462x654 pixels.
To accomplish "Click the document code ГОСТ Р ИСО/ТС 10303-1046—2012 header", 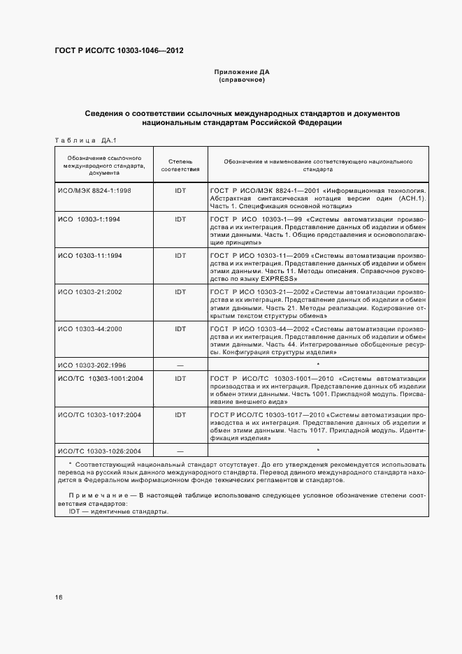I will pyautogui.click(x=120, y=51).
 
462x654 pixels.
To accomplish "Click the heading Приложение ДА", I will pyautogui.click(x=241, y=72).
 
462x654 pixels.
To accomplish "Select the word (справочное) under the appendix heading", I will pyautogui.click(x=241, y=80).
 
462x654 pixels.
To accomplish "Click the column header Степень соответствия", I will pyautogui.click(x=180, y=165).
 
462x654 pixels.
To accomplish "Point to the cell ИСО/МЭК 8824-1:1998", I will pyautogui.click(x=94, y=190).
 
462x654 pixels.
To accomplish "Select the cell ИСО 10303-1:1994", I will pyautogui.click(x=89, y=219).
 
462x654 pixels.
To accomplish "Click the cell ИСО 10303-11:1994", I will pyautogui.click(x=91, y=255).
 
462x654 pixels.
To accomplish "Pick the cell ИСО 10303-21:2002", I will pyautogui.click(x=91, y=291).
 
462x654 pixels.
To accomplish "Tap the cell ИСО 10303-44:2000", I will pyautogui.click(x=91, y=328).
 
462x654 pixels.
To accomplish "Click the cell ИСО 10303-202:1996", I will pyautogui.click(x=93, y=364).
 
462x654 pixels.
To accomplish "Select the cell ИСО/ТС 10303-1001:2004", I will pyautogui.click(x=101, y=378).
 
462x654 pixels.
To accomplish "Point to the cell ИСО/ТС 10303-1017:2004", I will pyautogui.click(x=101, y=414).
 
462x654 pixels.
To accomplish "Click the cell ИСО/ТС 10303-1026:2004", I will pyautogui.click(x=101, y=451).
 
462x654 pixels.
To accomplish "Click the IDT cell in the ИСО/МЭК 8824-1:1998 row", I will pyautogui.click(x=180, y=190).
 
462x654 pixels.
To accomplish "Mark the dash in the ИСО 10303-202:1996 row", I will pyautogui.click(x=180, y=364).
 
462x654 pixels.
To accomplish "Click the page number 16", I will pyautogui.click(x=59, y=597).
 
